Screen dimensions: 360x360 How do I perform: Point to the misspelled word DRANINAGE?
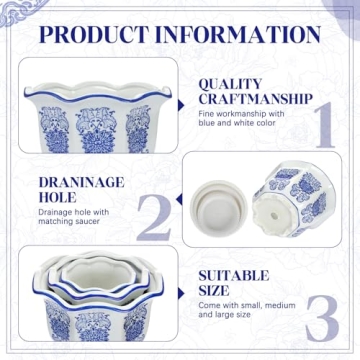pyautogui.click(x=79, y=183)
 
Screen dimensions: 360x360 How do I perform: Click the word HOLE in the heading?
pyautogui.click(x=57, y=198)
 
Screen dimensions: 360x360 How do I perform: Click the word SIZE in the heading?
pyautogui.click(x=218, y=290)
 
